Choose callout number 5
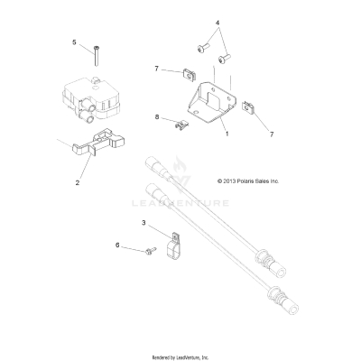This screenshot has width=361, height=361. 74,42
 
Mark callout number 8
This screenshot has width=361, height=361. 157,117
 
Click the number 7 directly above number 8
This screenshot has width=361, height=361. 157,69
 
